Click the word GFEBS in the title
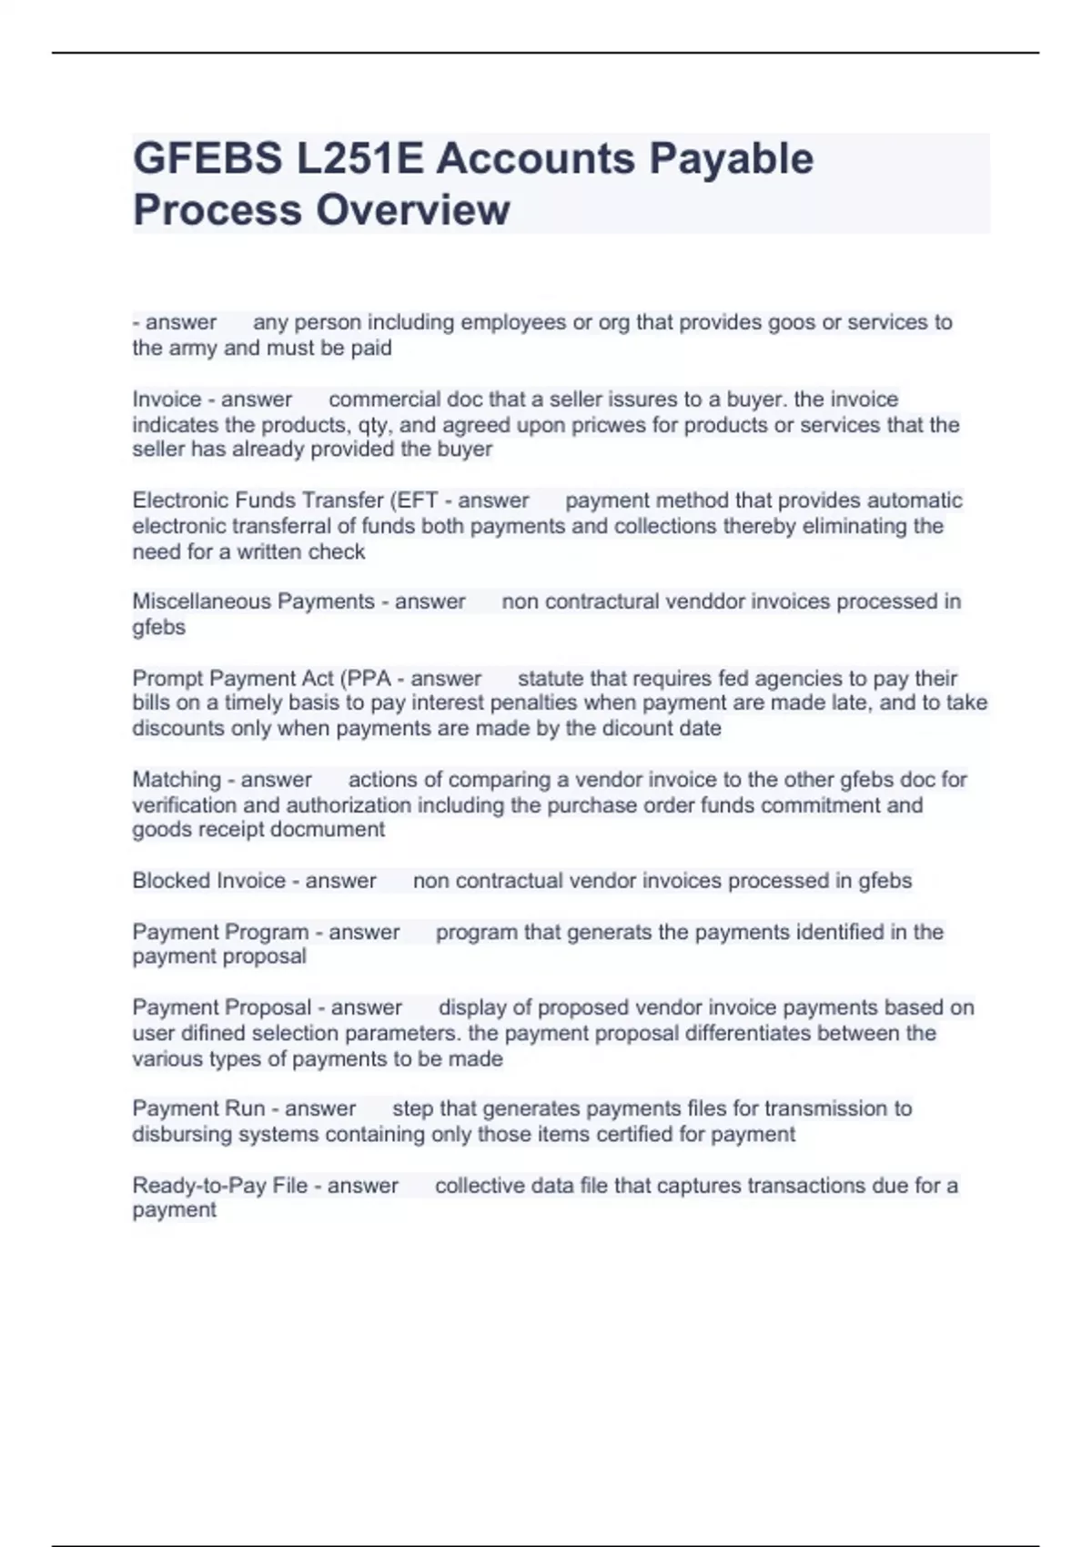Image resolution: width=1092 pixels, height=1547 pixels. tap(207, 158)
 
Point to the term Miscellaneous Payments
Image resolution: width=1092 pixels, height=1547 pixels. tap(253, 602)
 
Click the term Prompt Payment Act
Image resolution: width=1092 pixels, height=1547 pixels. tap(234, 678)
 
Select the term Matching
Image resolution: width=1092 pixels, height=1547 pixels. tap(177, 780)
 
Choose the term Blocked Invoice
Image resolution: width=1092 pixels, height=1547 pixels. tap(208, 881)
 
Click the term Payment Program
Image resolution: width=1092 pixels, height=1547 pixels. tap(220, 932)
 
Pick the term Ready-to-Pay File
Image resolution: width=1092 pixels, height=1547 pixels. tap(219, 1186)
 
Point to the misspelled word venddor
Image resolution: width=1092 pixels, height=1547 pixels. tap(702, 602)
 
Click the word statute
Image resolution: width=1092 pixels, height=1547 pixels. tap(551, 678)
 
